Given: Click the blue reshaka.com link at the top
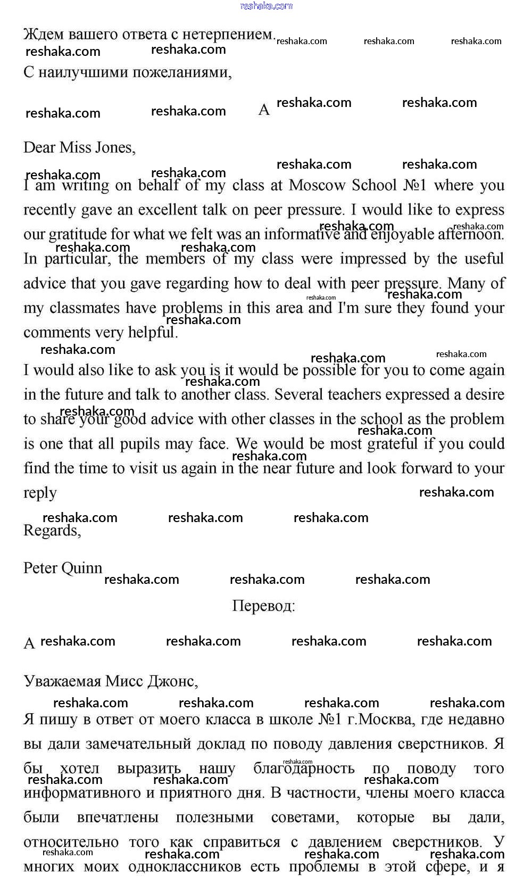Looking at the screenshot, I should tap(266, 6).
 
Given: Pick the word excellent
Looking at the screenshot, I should tap(168, 210).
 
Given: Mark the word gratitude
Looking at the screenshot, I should tap(78, 235).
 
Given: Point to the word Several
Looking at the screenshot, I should tap(299, 395).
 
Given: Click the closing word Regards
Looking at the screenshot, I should tap(52, 531).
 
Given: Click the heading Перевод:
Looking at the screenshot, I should tap(264, 606).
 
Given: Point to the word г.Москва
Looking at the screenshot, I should tap(379, 720).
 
